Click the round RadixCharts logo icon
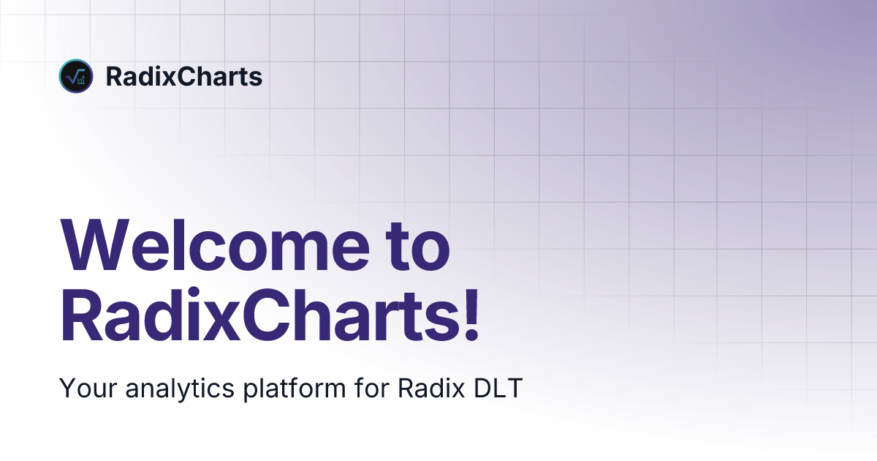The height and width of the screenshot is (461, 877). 75,76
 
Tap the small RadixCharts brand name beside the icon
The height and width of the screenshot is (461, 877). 183,77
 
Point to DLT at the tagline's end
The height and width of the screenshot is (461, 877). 498,388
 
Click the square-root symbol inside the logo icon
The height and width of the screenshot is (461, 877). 73,75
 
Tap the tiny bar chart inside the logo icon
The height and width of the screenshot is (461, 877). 80,80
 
